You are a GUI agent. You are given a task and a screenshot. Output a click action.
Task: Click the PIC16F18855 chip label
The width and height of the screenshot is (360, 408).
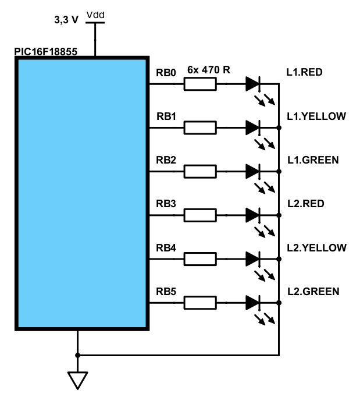pos(46,52)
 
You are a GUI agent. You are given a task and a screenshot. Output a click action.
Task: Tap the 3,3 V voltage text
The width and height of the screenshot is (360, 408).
pos(66,20)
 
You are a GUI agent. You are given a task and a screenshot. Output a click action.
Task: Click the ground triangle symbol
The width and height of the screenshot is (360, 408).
pos(77,380)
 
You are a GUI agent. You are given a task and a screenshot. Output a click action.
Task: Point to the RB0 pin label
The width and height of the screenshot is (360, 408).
pos(166,73)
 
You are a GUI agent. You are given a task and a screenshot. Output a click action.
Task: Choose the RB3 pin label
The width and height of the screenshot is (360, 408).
pos(166,204)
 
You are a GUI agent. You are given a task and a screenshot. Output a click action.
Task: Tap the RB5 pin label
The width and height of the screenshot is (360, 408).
pos(166,291)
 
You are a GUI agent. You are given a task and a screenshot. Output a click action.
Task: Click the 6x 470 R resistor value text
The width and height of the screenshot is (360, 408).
pos(209,70)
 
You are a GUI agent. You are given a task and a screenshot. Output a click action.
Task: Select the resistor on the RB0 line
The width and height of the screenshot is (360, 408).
pos(200,84)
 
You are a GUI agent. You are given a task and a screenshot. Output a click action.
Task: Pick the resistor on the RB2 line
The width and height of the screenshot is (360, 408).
pos(200,172)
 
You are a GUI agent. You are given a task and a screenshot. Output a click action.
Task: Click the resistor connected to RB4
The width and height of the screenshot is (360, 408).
pos(200,259)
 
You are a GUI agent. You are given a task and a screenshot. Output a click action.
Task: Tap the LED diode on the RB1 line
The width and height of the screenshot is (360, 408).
pos(253,127)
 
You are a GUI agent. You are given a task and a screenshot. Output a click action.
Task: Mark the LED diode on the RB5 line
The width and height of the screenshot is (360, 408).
pos(253,302)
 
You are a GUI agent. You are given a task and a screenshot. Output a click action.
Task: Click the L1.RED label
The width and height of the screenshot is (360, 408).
pos(304,73)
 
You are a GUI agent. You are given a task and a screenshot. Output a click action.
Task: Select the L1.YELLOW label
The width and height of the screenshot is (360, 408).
pos(316,116)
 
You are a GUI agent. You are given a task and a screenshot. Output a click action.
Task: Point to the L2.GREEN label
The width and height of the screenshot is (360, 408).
pos(313,291)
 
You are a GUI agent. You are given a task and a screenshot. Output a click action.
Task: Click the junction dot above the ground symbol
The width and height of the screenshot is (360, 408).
pos(77,354)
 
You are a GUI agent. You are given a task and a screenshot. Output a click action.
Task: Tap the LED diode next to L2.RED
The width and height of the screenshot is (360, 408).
pos(253,215)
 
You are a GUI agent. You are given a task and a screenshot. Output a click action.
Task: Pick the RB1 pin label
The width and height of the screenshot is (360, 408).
pos(166,116)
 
